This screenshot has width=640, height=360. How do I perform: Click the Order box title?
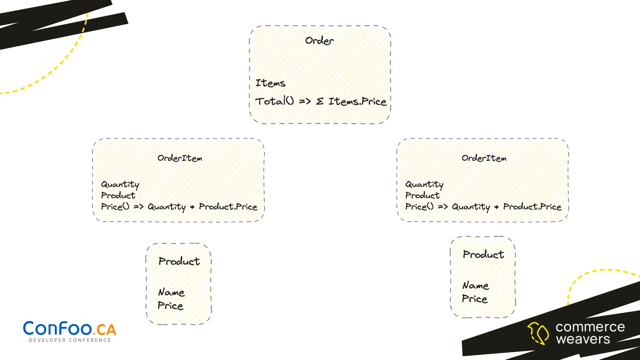click(x=319, y=41)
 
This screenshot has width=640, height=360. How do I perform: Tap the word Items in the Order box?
click(x=270, y=83)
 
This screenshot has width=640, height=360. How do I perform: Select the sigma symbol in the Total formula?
click(x=319, y=102)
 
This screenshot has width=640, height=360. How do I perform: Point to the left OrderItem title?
click(x=180, y=158)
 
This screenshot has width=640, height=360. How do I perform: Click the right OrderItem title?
click(x=484, y=158)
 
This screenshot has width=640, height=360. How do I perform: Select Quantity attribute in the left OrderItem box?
click(x=120, y=184)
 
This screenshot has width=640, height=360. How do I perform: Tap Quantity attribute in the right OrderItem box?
click(x=424, y=184)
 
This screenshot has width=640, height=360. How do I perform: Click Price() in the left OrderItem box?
click(x=115, y=207)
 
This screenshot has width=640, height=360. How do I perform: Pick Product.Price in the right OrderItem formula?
click(x=532, y=207)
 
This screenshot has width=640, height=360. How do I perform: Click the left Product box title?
click(x=179, y=261)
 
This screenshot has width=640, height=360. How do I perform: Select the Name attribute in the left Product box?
click(x=171, y=292)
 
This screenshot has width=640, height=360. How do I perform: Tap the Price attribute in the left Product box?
click(x=170, y=305)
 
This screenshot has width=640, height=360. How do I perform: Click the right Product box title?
click(x=483, y=254)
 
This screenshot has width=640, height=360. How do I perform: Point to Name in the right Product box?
click(x=476, y=285)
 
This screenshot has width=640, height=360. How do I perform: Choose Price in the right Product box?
click(x=475, y=299)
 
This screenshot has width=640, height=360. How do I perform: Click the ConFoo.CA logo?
click(x=69, y=329)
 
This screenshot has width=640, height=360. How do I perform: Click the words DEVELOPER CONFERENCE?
click(x=70, y=340)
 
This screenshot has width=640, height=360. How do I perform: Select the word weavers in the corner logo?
click(x=583, y=339)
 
